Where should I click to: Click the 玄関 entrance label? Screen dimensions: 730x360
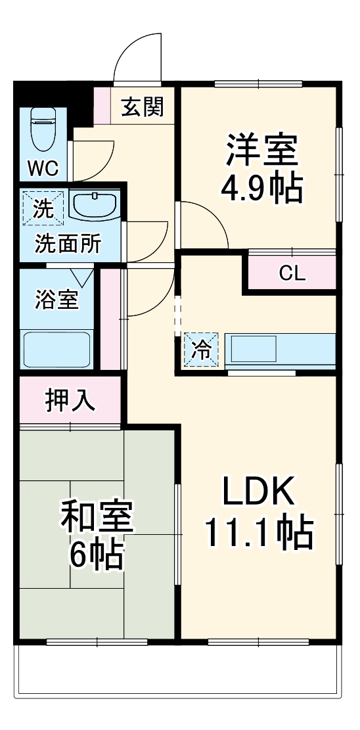pos(142,106)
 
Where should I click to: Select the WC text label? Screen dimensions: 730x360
pos(43,168)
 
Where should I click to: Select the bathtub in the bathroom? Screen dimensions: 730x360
pos(56,349)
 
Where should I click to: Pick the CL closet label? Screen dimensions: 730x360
pos(292,273)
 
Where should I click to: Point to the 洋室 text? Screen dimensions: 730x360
pos(262,151)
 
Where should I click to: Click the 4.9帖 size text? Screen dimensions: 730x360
pos(261,188)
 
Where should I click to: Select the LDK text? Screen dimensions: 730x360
pos(258,490)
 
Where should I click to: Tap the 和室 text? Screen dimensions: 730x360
pos(97,517)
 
